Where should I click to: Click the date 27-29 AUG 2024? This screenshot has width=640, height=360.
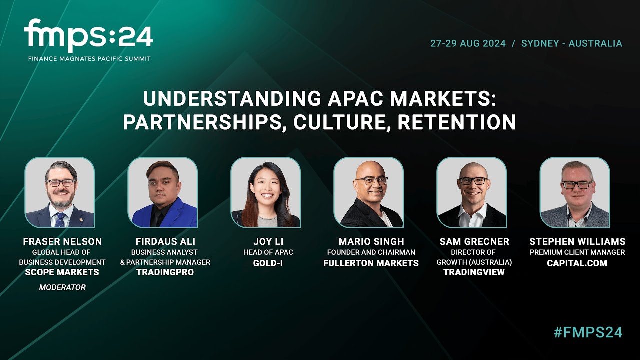468,43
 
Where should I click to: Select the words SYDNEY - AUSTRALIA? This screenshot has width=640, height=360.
571,43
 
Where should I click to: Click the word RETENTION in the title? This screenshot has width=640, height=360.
457,122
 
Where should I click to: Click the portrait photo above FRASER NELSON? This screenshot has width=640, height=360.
60,193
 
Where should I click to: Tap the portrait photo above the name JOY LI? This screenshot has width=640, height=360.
265,193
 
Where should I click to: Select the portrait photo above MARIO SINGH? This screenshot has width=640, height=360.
368,193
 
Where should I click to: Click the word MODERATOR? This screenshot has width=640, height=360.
62,287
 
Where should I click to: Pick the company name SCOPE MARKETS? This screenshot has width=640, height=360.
62,272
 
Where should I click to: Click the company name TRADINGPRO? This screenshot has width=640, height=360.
165,272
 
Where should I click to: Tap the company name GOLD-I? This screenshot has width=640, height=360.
268,263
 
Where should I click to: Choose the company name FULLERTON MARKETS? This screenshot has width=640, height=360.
371,263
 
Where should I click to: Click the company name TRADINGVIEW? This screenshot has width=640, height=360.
474,272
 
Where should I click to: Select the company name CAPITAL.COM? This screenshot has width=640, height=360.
577,263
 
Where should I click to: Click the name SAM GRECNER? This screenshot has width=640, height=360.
474,242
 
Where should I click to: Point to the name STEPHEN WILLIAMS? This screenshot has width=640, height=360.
577,242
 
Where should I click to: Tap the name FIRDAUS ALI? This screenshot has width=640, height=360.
165,242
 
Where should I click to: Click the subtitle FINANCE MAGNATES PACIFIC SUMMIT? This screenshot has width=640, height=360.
89,58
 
